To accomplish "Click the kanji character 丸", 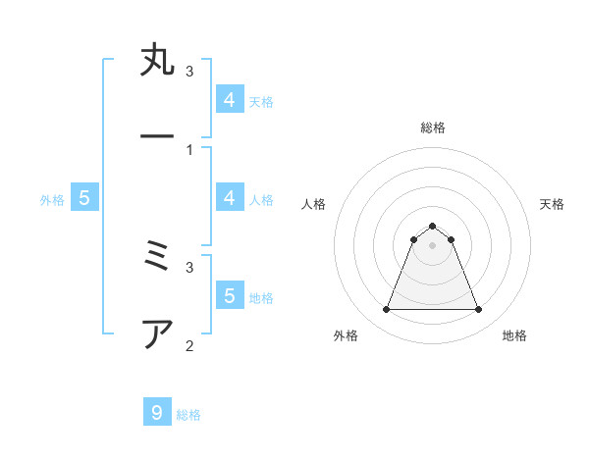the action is (157, 61).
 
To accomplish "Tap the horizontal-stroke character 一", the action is (157, 136).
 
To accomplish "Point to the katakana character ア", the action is (157, 333).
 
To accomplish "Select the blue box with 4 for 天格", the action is (230, 100).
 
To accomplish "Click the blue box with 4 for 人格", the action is (230, 198).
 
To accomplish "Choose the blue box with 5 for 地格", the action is (230, 296).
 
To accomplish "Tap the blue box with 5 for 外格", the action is (84, 198).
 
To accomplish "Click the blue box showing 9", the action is (157, 413).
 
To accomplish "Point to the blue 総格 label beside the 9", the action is (188, 415).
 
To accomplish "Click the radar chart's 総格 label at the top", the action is (432, 128).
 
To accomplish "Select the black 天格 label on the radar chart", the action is (552, 204).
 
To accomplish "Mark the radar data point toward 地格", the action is (478, 310).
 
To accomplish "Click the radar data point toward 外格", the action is (386, 310).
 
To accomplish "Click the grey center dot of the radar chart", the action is (432, 245).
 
